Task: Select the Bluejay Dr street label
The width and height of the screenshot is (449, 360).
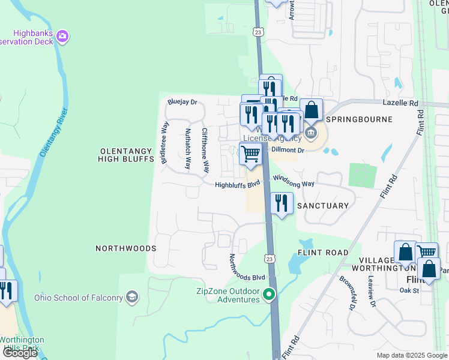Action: [x=182, y=102]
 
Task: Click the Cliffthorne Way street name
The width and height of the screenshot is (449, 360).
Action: [x=205, y=150]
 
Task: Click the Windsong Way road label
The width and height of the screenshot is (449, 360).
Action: [x=294, y=180]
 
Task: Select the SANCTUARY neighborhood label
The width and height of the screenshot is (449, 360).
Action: [x=323, y=206]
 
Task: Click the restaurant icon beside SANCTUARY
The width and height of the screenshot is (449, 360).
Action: [x=282, y=203]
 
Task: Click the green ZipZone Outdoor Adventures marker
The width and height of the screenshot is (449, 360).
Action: [x=270, y=294]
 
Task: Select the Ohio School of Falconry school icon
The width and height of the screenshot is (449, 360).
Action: [x=132, y=297]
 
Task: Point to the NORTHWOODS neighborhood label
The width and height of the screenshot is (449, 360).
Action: [x=126, y=248]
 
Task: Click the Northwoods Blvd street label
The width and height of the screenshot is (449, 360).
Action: [x=247, y=268]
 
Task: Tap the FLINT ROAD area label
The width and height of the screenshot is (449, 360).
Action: [x=323, y=253]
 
